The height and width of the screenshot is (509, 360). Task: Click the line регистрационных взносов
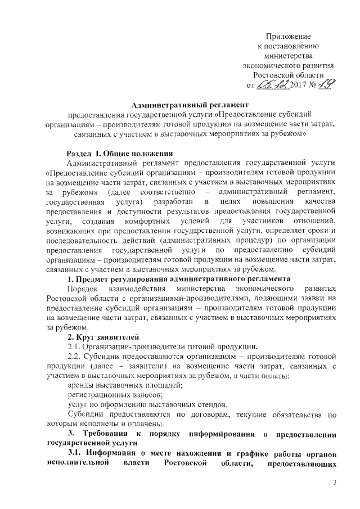tap(107, 395)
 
